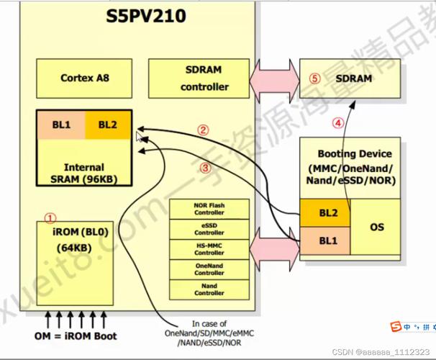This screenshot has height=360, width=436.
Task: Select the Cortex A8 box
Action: coord(82,77)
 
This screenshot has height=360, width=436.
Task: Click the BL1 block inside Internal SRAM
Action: coord(61,125)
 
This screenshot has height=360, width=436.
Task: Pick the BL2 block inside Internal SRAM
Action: coord(108,125)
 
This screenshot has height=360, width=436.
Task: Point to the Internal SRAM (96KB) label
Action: coord(84,173)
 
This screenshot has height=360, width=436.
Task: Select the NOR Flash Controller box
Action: coord(209,209)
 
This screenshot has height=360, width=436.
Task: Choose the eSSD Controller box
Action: coord(209,229)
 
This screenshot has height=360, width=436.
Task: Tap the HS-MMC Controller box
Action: coord(209,249)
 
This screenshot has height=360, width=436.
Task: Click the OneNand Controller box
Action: coord(209,269)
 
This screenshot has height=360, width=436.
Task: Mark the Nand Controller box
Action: coord(209,289)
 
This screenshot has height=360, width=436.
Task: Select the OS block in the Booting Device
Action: coord(376,228)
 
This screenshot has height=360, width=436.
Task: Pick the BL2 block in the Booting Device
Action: coord(324,214)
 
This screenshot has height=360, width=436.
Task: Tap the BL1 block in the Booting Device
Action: coord(324,240)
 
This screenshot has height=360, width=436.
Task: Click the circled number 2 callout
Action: coord(204,130)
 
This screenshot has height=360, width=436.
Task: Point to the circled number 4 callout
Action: coord(338,122)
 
